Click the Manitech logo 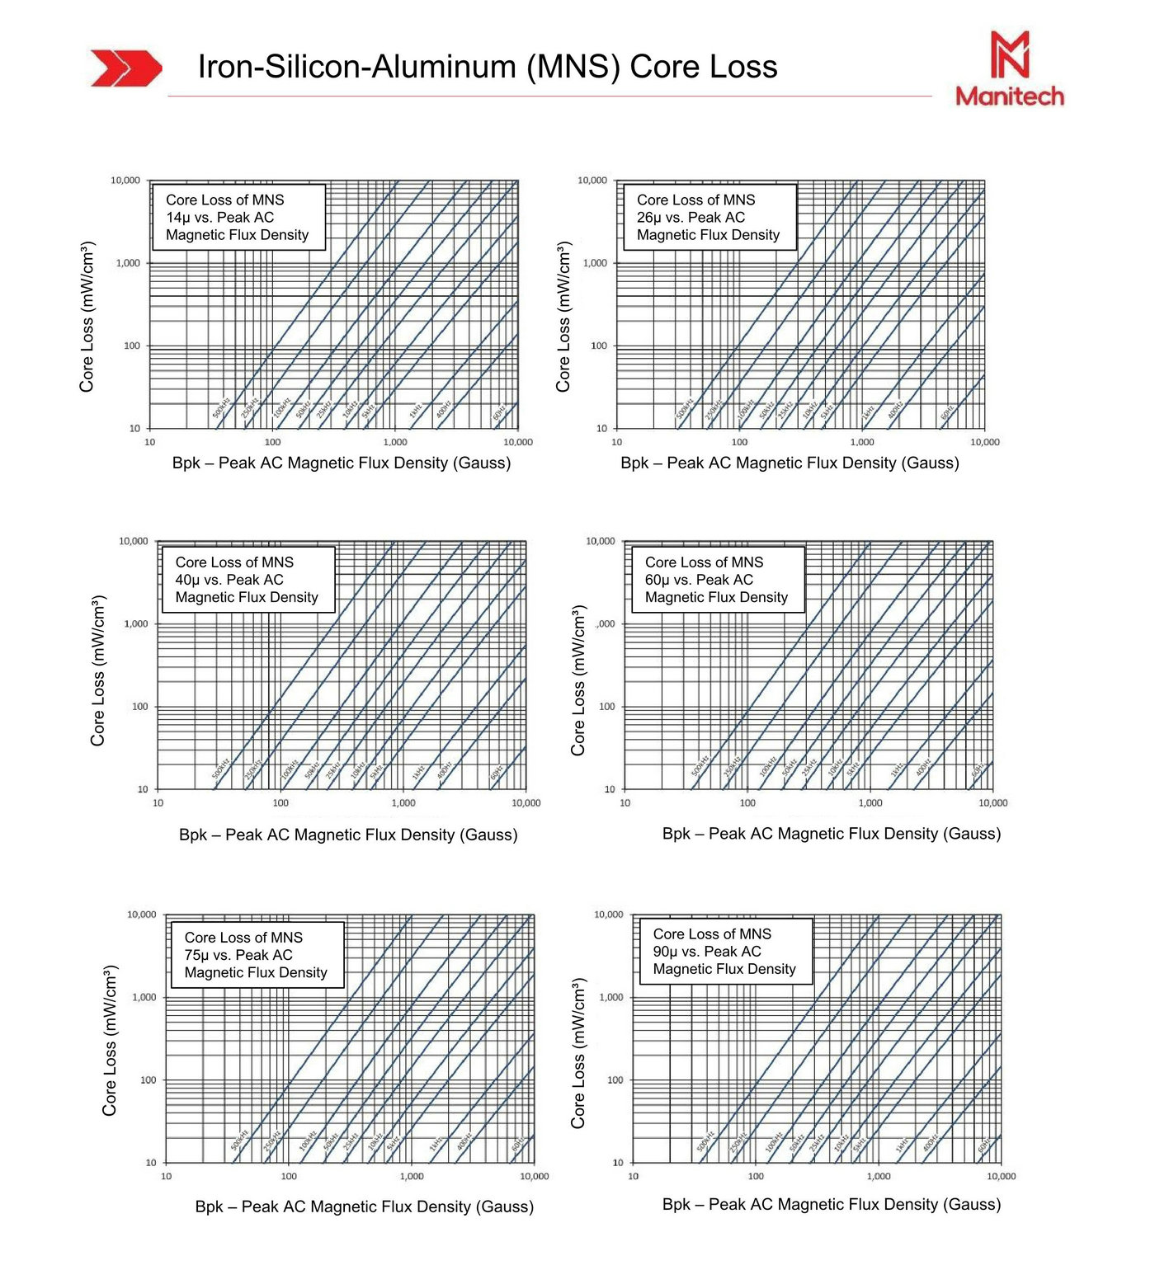click(x=1010, y=69)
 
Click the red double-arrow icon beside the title click(x=125, y=68)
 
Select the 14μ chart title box click(x=238, y=217)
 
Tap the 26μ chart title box click(x=708, y=217)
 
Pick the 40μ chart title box click(x=247, y=580)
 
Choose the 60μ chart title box click(x=717, y=580)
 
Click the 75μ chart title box click(x=257, y=955)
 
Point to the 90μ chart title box click(x=725, y=952)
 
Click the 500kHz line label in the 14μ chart click(x=221, y=407)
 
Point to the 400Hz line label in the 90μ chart click(x=930, y=1144)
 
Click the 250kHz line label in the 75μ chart click(x=271, y=1141)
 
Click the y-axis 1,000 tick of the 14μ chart click(x=129, y=263)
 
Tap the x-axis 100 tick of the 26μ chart click(x=739, y=442)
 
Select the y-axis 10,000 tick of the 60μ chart click(x=601, y=541)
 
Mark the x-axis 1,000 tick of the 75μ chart click(x=412, y=1176)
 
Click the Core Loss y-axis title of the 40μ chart click(x=98, y=670)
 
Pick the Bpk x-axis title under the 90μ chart click(x=832, y=1204)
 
